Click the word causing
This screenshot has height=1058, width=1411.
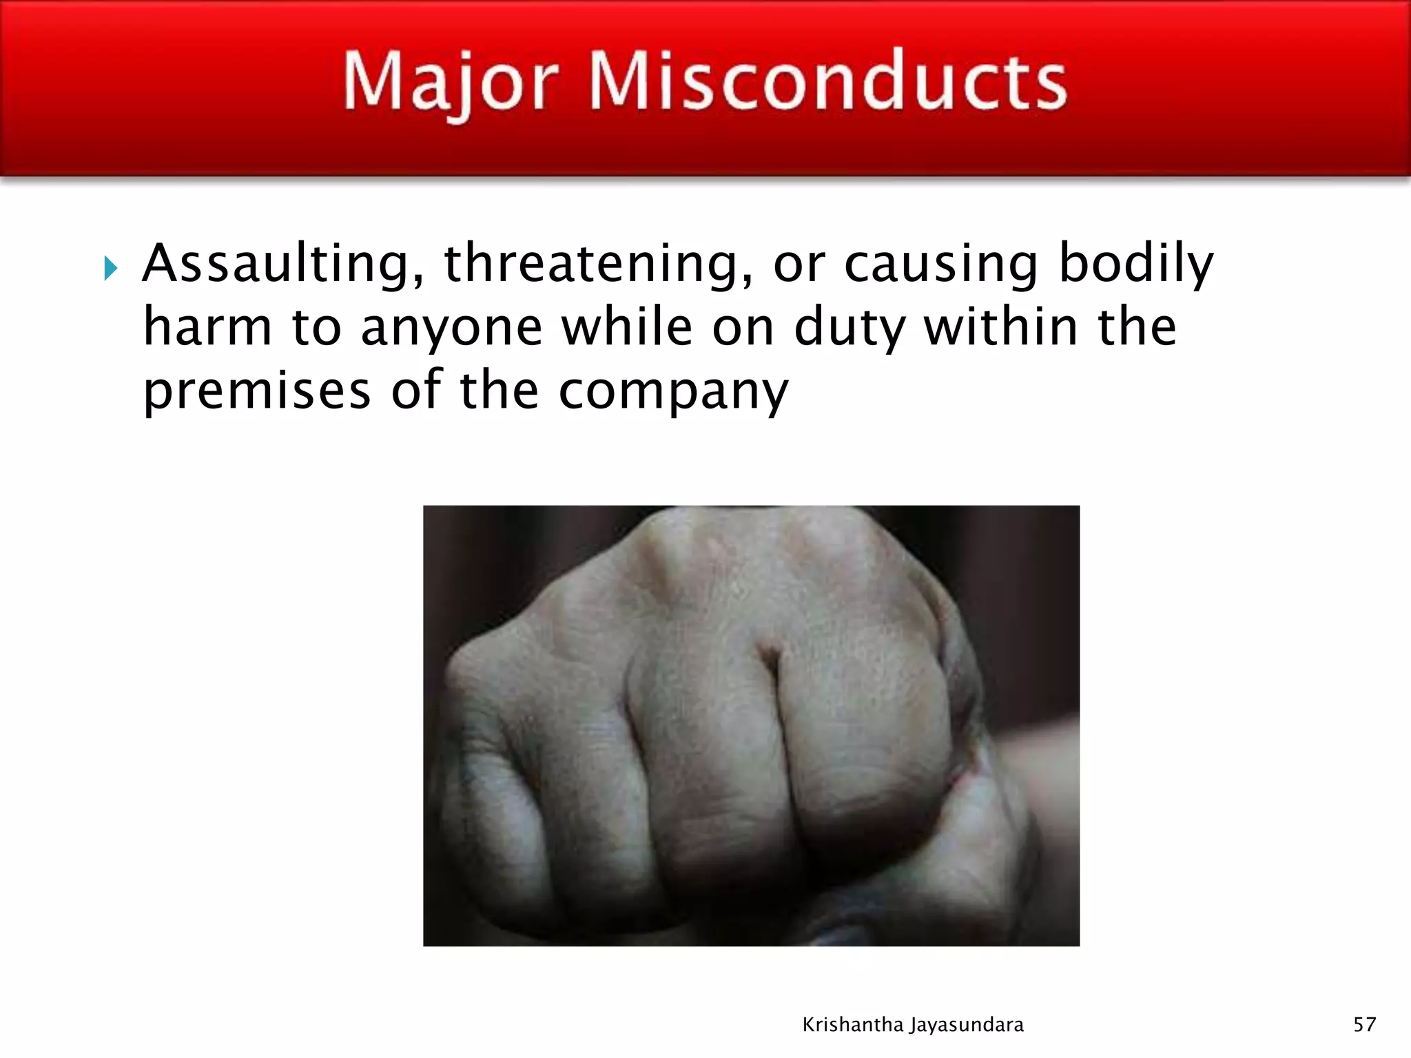point(940,264)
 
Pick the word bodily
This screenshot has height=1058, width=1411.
point(1135,264)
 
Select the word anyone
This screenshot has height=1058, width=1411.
point(451,329)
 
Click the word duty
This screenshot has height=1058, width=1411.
point(849,328)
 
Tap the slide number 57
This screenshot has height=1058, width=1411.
point(1364,1025)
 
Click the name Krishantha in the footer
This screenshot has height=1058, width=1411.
point(853,1025)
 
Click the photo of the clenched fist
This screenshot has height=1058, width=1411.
point(751,725)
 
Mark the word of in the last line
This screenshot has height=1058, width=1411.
point(415,390)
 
